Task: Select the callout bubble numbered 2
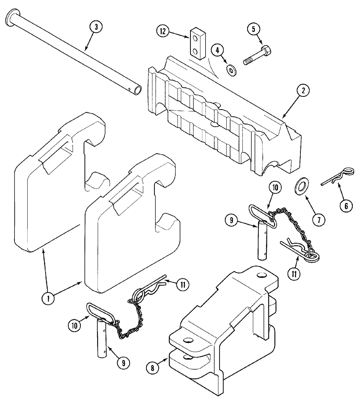tap(303, 91)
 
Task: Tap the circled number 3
tap(96, 27)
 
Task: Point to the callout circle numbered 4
tap(218, 50)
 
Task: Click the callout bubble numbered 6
tap(346, 206)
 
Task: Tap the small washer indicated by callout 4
tap(231, 70)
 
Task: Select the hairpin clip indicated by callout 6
tap(338, 178)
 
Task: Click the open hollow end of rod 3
tap(136, 90)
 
